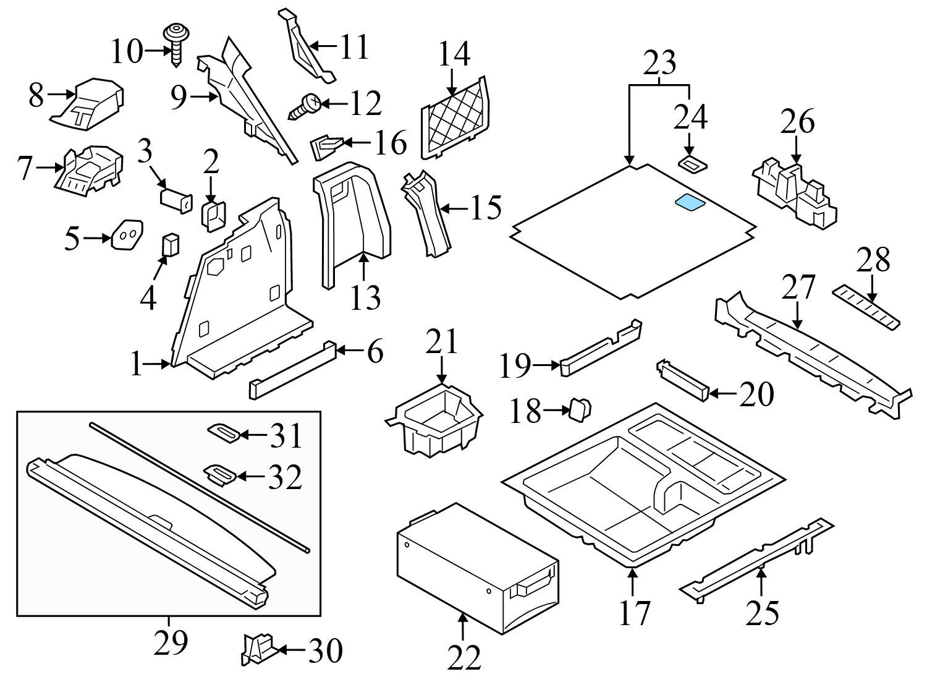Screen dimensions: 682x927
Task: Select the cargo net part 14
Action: pos(454,118)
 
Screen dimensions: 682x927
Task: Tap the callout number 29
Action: pos(170,643)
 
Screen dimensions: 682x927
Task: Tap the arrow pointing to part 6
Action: pos(349,351)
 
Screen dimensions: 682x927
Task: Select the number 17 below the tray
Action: pos(634,612)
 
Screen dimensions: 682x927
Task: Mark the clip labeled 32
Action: pos(220,475)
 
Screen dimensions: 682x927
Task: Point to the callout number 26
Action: pos(797,122)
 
